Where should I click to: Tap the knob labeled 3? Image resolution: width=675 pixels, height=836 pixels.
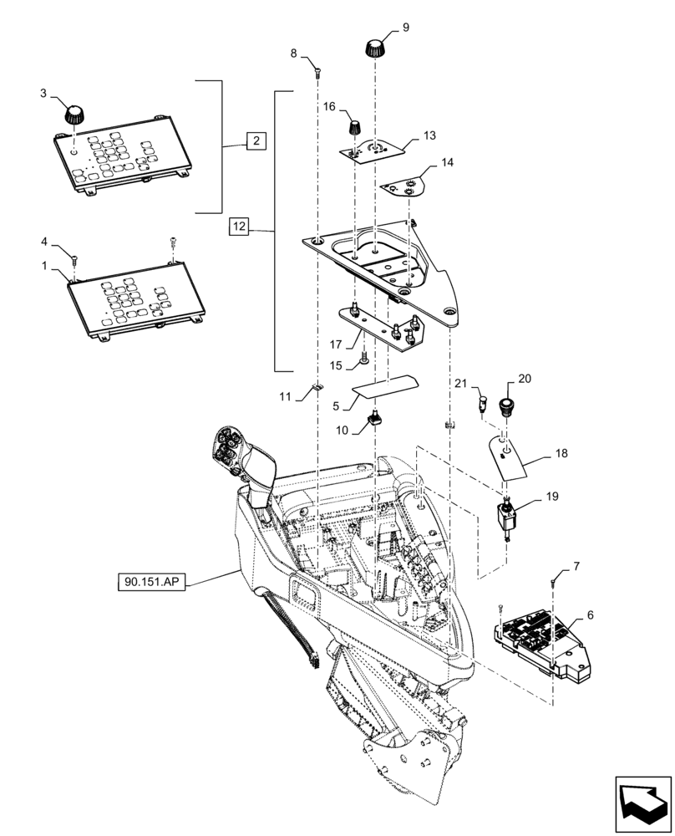point(76,111)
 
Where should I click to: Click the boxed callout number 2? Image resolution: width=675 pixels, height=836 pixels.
point(256,140)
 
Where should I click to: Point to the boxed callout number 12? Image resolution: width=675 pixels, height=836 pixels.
point(239,226)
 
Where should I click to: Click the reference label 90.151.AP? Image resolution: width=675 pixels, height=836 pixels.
point(153,579)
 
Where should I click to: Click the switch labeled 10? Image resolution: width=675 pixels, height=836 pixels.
point(374,421)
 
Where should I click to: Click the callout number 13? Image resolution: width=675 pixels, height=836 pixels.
point(429,135)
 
